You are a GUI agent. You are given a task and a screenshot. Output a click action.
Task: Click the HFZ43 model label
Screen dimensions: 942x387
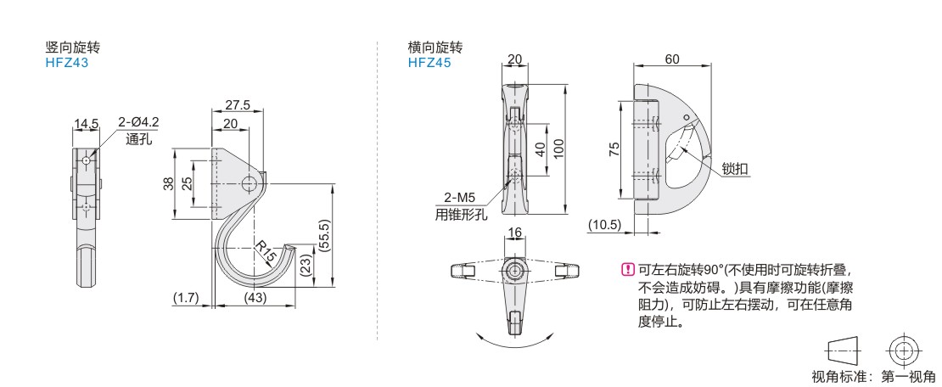[67, 62]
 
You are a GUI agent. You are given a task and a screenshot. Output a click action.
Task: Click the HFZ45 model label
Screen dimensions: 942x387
[429, 62]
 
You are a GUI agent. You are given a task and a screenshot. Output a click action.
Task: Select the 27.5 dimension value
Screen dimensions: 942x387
[238, 104]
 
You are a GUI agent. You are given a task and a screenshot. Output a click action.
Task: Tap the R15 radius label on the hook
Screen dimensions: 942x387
[266, 252]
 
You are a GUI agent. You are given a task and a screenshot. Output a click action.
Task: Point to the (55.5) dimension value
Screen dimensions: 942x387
[324, 236]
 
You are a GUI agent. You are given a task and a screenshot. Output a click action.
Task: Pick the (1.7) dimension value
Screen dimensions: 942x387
[186, 297]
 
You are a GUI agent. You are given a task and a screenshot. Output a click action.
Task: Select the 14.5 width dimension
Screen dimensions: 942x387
[86, 124]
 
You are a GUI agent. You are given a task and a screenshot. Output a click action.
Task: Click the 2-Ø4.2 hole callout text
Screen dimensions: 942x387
[139, 122]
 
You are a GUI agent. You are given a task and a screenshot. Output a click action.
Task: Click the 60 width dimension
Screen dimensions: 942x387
[672, 59]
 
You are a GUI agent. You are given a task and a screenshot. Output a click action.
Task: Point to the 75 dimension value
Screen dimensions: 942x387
[614, 149]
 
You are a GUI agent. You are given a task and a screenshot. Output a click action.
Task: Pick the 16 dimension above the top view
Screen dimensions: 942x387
[515, 233]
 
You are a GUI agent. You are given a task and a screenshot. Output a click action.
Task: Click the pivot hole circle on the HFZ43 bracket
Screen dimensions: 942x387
[249, 184]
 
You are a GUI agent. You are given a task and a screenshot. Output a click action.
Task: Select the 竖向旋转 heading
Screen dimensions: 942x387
[73, 48]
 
